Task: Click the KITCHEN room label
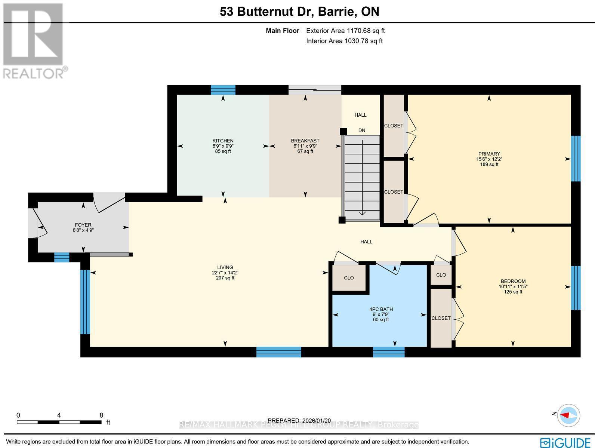[x=223, y=141]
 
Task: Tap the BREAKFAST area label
[x=305, y=141]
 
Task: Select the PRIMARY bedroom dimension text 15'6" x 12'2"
[x=489, y=159]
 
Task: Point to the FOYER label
[x=83, y=225]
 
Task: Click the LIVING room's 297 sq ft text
[x=225, y=278]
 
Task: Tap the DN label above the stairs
[x=361, y=131]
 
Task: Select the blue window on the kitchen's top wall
[x=223, y=90]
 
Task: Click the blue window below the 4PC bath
[x=389, y=352]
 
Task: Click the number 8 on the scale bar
[x=101, y=415]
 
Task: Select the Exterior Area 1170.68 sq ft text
[x=345, y=31]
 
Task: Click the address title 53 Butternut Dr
[x=267, y=12]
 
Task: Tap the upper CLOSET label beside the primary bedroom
[x=394, y=126]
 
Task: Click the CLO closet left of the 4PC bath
[x=349, y=278]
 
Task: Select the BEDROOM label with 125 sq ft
[x=513, y=281]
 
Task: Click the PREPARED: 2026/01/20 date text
[x=300, y=421]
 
